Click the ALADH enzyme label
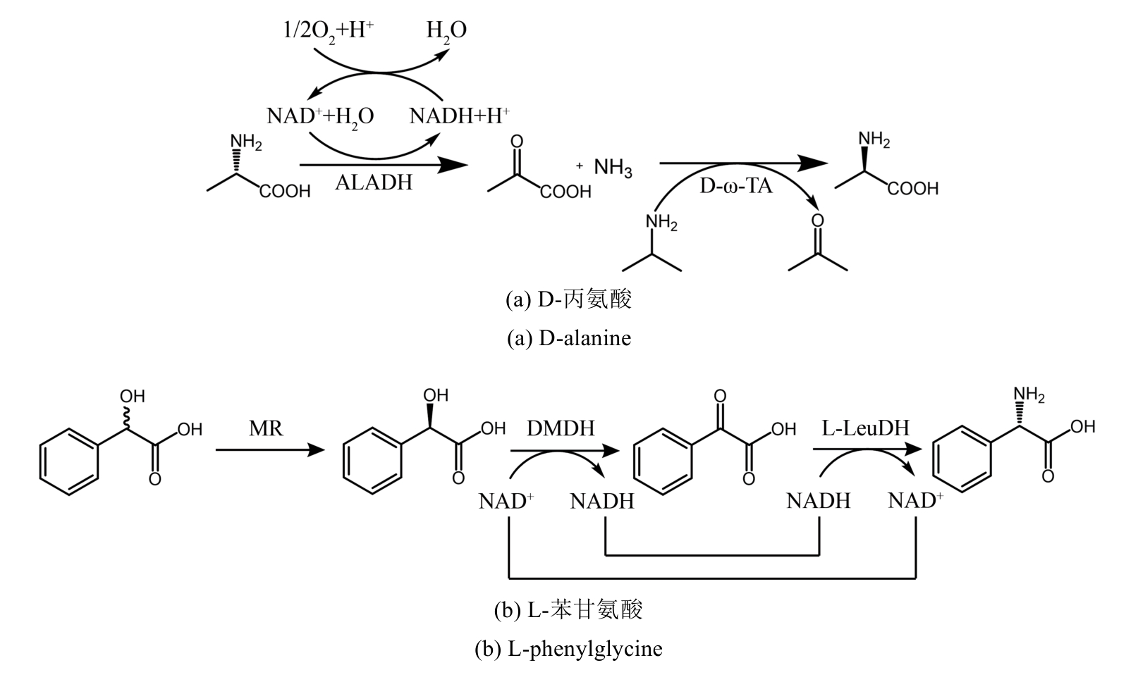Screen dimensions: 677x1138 pos(374,182)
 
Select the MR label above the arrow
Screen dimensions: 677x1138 pos(266,428)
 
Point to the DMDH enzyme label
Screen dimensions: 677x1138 pos(561,428)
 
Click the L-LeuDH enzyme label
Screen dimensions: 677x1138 pos(865,428)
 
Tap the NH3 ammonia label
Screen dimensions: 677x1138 pos(613,168)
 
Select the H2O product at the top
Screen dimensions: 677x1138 pos(446,31)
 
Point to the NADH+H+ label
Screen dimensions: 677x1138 pos(460,116)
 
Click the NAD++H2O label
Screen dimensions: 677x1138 pos(320,116)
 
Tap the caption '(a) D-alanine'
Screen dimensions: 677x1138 pos(569,338)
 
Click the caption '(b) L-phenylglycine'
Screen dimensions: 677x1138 pos(569,647)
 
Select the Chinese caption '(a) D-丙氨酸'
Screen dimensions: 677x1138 pos(569,299)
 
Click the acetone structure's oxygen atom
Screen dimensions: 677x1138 pos(817,221)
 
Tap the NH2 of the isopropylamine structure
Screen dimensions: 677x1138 pos(661,223)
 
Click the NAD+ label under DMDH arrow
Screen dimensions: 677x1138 pos(506,501)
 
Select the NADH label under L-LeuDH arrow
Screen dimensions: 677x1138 pos(819,501)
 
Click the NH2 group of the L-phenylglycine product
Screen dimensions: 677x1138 pos(1029,395)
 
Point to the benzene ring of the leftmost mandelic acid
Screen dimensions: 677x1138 pos(68,463)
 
